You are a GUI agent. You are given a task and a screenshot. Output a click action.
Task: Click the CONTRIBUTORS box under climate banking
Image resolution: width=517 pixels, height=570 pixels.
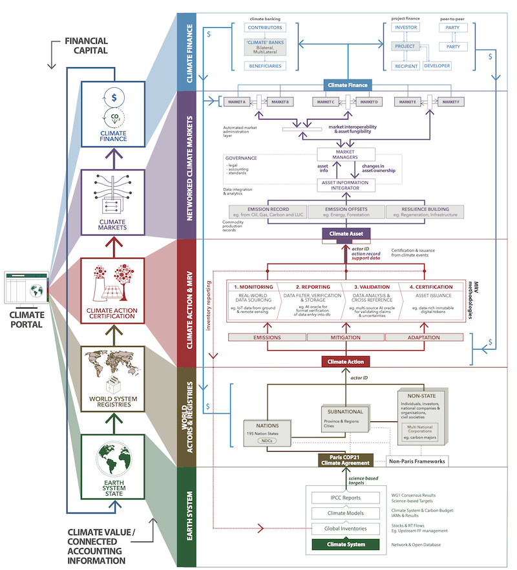[264, 28]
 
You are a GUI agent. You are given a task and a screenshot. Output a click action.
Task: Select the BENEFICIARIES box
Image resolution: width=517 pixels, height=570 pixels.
[264, 66]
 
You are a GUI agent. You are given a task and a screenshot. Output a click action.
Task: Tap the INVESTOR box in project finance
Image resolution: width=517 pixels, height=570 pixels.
[406, 28]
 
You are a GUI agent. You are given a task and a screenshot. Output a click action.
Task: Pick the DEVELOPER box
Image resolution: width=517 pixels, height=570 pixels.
[438, 66]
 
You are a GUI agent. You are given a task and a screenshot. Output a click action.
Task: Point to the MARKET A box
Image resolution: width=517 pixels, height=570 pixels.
[237, 102]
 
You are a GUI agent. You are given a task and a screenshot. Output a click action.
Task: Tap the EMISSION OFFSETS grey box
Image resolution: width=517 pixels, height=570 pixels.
[345, 211]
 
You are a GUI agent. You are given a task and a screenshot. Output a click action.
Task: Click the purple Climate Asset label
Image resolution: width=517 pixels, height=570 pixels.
[345, 233]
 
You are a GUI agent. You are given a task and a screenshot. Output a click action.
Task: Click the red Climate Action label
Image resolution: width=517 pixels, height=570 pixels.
[345, 361]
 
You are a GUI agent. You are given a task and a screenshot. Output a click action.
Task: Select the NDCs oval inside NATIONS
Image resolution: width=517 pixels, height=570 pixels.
[265, 441]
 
